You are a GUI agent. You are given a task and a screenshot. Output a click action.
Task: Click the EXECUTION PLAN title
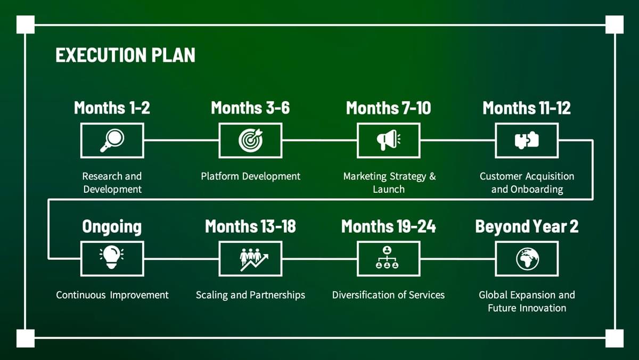126,55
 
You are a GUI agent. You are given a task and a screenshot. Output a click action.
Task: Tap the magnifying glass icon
112,141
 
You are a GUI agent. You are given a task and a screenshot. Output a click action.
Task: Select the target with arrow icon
251,140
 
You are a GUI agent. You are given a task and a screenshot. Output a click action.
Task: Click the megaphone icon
389,140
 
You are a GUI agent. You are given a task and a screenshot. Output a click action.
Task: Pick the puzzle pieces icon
527,140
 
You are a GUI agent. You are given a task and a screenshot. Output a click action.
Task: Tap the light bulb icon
111,257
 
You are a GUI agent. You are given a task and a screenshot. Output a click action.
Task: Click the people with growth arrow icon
254,259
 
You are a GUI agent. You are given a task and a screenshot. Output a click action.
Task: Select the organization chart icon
387,258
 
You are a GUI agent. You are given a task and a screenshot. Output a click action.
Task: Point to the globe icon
528,259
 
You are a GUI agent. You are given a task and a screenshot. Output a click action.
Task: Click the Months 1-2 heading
112,108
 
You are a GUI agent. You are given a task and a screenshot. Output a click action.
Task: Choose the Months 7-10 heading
389,108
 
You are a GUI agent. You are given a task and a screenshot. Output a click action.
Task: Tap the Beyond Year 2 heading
527,226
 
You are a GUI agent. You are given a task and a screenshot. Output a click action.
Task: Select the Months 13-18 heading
250,226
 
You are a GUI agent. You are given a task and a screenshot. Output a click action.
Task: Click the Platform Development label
250,176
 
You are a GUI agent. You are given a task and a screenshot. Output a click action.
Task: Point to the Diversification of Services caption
388,294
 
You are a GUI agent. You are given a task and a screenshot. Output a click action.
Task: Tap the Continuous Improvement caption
112,295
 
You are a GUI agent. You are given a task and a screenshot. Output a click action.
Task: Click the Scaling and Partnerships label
250,295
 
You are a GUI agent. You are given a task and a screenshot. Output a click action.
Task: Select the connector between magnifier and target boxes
182,140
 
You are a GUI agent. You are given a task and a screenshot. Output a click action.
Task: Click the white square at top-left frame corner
26,24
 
